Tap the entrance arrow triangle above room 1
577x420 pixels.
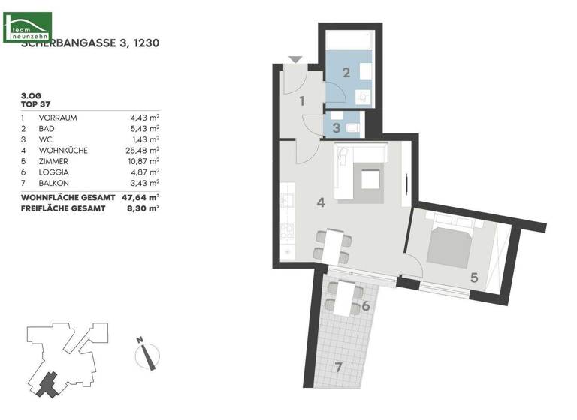click(x=295, y=59)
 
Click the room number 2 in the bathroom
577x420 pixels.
click(x=346, y=73)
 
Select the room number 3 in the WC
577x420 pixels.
click(x=337, y=127)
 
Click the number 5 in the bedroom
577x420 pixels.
click(x=474, y=277)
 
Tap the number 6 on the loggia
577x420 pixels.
click(x=365, y=306)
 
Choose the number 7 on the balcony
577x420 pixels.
click(x=339, y=367)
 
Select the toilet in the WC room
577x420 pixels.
click(x=353, y=129)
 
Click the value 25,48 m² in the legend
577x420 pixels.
click(x=144, y=150)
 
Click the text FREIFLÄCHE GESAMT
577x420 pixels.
click(x=62, y=208)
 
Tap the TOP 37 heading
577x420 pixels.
click(x=35, y=106)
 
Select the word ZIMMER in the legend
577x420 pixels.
click(x=53, y=161)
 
